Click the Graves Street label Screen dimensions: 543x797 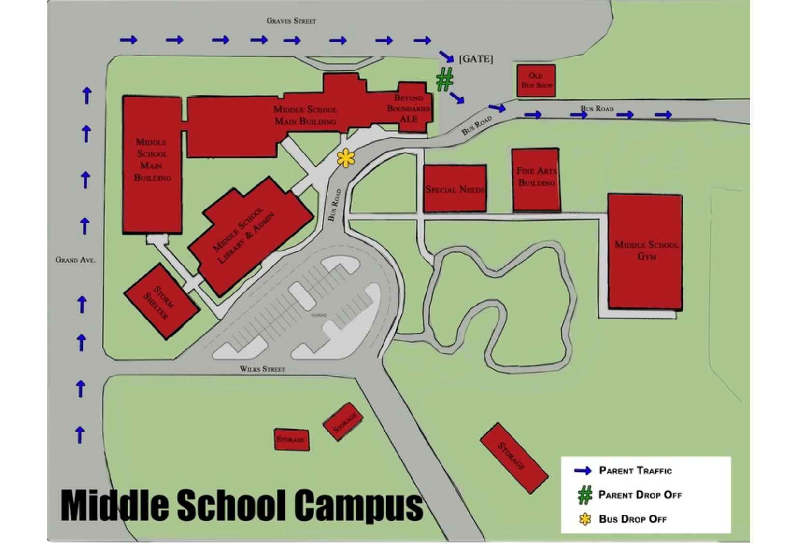291,21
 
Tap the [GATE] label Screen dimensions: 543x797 476,59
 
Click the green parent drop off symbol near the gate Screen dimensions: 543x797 445,79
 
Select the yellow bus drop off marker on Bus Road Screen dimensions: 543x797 346,158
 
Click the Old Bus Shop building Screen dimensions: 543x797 536,81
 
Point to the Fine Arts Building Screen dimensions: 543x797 536,180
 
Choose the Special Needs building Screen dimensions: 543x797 455,189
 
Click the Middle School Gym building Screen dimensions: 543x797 645,251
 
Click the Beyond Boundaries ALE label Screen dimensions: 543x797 409,108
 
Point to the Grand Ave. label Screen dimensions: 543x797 75,260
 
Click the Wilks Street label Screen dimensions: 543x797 262,369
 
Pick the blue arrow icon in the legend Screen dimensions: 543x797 583,471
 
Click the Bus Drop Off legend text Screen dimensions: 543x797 633,519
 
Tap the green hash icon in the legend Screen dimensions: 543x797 585,495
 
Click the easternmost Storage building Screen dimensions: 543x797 513,458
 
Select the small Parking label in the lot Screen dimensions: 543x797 319,315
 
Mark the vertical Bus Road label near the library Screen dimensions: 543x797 334,205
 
